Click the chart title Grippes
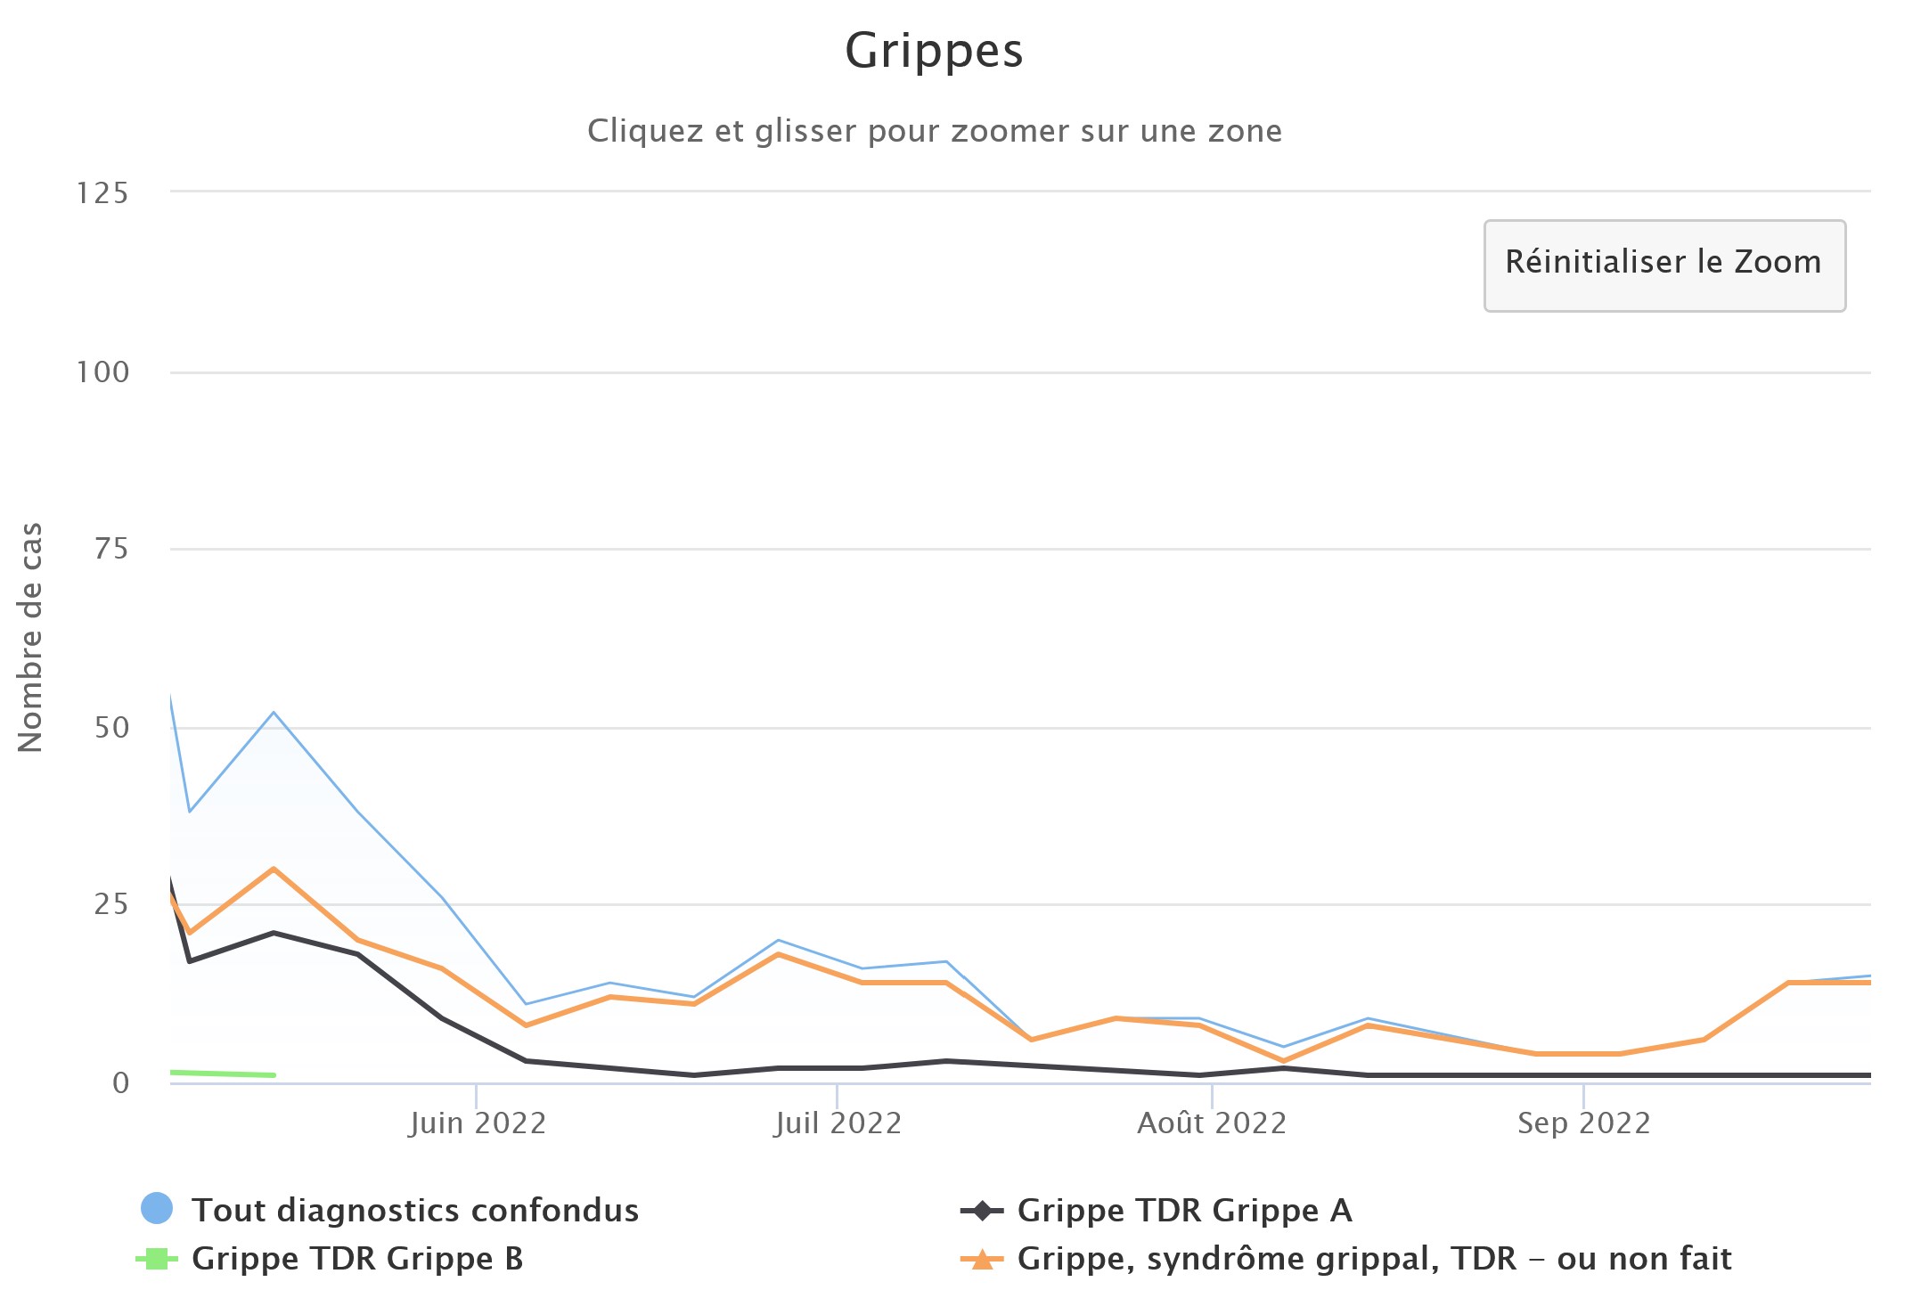point(934,51)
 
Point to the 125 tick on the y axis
point(102,192)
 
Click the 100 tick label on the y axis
point(102,371)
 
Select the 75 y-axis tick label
point(110,549)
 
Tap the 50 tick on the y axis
point(110,728)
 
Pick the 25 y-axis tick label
point(110,904)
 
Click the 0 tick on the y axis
point(120,1082)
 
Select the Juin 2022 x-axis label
point(478,1123)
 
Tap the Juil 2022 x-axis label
point(838,1123)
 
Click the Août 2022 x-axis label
point(1212,1123)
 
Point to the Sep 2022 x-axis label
point(1584,1123)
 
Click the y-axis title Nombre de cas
point(30,637)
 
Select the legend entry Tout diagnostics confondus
point(414,1210)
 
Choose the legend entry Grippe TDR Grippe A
point(1184,1210)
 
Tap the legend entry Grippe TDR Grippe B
point(356,1258)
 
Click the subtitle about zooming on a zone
point(934,131)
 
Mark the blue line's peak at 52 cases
point(274,713)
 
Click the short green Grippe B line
point(223,1074)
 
